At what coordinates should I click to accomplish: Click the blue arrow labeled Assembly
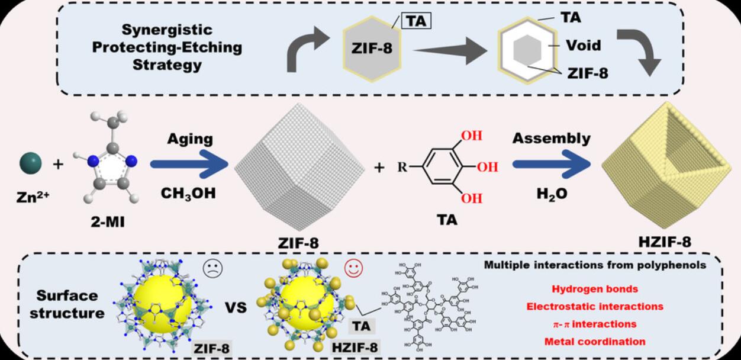click(x=550, y=165)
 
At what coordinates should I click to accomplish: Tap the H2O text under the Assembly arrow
click(x=550, y=194)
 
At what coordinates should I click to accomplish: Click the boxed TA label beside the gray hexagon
click(x=416, y=21)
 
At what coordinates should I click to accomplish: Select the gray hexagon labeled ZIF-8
click(x=370, y=50)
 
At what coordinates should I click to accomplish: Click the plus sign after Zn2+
click(x=57, y=164)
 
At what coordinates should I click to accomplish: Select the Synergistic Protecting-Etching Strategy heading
click(x=167, y=47)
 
